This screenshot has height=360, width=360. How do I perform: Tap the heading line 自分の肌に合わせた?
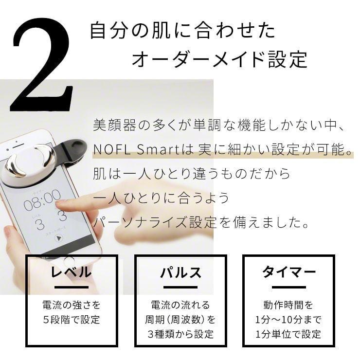[182, 30]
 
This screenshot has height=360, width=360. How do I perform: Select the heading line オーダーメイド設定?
[219, 60]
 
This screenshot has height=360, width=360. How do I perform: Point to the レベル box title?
[71, 271]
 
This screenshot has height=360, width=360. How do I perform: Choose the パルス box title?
[180, 271]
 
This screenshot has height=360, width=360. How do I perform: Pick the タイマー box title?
[289, 271]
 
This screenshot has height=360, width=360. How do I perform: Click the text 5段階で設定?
[71, 320]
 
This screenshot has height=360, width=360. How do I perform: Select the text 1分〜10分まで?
[289, 320]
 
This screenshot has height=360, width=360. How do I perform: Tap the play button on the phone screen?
[59, 238]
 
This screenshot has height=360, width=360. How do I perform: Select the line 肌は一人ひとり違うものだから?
[192, 174]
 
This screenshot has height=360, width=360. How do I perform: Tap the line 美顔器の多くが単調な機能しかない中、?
[219, 126]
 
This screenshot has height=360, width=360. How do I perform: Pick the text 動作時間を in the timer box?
[289, 305]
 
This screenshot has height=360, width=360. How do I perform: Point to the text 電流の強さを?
[71, 305]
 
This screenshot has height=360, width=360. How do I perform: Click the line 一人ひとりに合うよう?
[161, 198]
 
